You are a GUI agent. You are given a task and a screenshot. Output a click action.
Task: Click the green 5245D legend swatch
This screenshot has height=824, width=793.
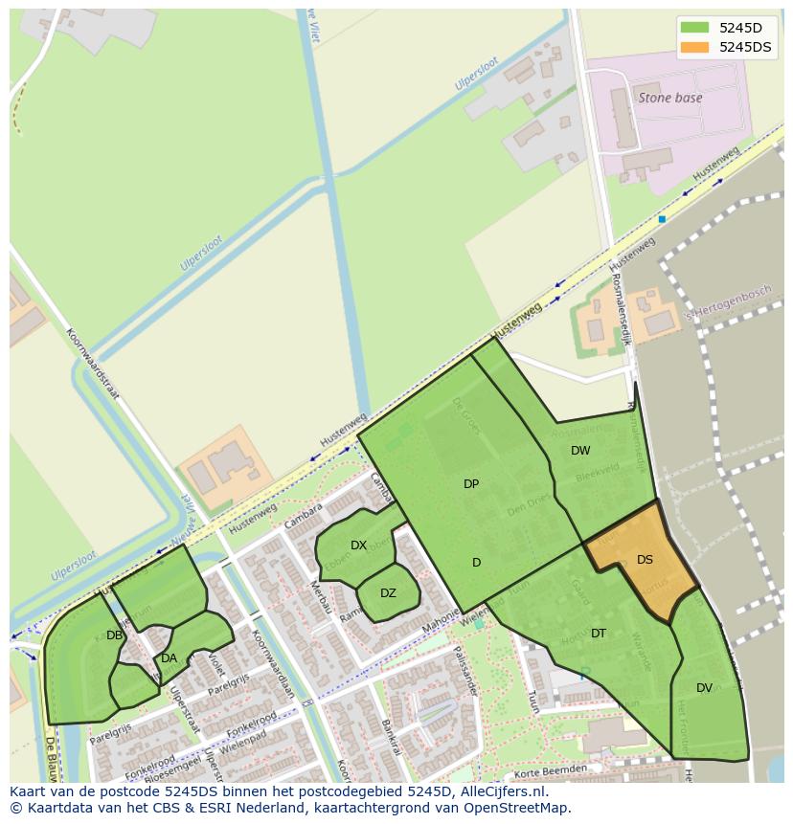(x=694, y=28)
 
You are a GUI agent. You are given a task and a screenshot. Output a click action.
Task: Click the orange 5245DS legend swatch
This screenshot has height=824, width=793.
(x=694, y=47)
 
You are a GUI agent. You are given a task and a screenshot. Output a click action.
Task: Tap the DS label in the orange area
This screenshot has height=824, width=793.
(x=645, y=560)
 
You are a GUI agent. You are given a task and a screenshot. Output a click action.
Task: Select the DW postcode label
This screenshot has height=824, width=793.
(x=580, y=451)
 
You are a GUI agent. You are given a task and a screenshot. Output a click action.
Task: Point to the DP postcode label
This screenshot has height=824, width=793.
(x=471, y=484)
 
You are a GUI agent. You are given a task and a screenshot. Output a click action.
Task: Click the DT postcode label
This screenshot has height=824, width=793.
(x=599, y=634)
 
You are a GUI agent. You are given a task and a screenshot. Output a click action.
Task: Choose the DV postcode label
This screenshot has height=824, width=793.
(x=704, y=688)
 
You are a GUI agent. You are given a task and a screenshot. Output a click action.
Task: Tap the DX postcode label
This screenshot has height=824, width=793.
(x=358, y=546)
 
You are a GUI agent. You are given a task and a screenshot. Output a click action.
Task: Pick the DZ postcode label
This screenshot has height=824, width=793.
(x=388, y=593)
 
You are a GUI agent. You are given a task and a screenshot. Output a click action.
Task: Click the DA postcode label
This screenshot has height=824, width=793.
(x=169, y=658)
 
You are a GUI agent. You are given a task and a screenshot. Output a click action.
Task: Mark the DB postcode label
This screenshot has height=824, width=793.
(x=114, y=635)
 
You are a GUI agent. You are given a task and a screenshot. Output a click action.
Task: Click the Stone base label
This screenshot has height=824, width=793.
(x=669, y=98)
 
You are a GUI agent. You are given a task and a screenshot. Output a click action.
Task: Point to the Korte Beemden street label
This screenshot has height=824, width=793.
(x=550, y=770)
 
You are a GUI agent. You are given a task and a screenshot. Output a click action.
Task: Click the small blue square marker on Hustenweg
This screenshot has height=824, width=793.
(x=662, y=219)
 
